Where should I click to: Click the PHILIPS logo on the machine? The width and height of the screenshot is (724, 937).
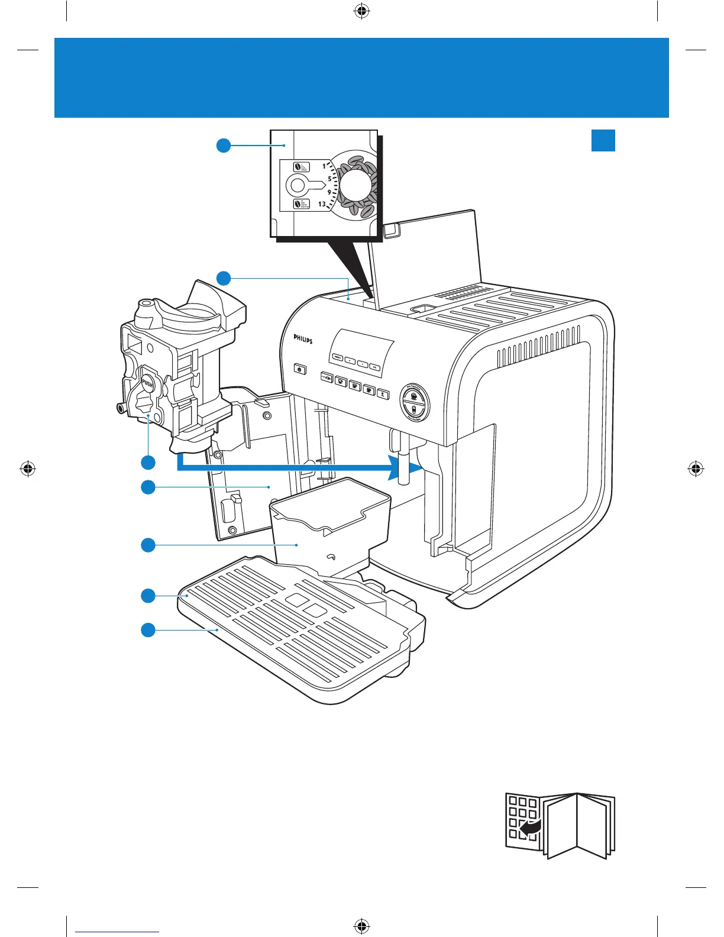303,340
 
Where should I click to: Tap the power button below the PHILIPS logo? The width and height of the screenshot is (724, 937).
300,370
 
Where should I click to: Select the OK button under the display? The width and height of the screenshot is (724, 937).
374,367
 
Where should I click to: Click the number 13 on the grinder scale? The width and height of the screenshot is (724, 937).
322,204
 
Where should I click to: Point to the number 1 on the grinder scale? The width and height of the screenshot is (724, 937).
324,166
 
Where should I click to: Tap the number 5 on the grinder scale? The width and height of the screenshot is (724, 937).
329,179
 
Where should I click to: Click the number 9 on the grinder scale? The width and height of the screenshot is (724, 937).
329,192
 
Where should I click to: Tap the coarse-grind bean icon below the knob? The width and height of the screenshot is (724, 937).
302,205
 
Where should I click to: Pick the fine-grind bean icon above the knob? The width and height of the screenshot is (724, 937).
302,167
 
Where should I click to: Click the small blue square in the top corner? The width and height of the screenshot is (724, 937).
603,140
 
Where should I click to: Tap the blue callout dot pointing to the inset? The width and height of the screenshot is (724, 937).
223,145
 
